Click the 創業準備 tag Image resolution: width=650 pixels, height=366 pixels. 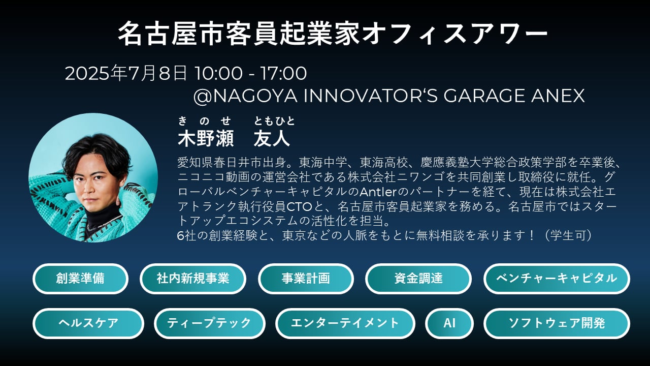click(80, 279)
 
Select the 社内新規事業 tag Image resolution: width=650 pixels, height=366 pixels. click(193, 279)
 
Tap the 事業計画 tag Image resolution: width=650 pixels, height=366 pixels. click(306, 279)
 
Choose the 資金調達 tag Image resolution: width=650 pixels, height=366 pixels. click(418, 279)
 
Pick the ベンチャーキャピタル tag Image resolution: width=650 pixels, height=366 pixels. click(557, 279)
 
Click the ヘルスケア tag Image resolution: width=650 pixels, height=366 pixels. click(88, 323)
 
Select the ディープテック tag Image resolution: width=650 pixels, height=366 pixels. click(210, 323)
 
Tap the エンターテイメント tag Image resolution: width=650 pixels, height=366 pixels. click(345, 323)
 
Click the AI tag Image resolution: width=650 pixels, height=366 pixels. click(449, 323)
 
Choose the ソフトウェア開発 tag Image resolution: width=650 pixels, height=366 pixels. click(557, 323)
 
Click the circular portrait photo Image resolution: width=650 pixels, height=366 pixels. click(93, 177)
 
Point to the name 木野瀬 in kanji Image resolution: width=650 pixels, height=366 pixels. click(206, 139)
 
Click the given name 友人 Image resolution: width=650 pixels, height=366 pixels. click(272, 139)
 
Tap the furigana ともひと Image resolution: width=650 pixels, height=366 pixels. click(274, 121)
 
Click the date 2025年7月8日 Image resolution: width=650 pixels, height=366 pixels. click(126, 73)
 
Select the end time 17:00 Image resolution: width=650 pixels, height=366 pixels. click(283, 73)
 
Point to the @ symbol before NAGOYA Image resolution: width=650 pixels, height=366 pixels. click(203, 97)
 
